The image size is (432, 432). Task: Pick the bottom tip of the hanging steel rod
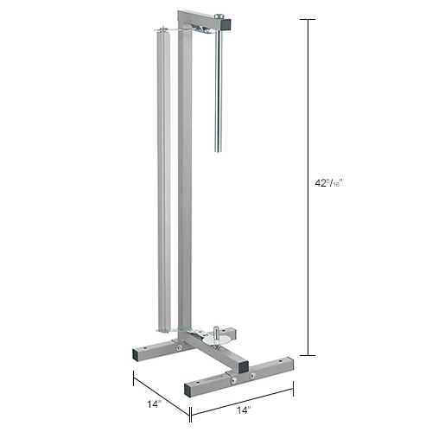click(217, 151)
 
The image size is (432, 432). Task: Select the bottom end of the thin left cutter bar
click(161, 327)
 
